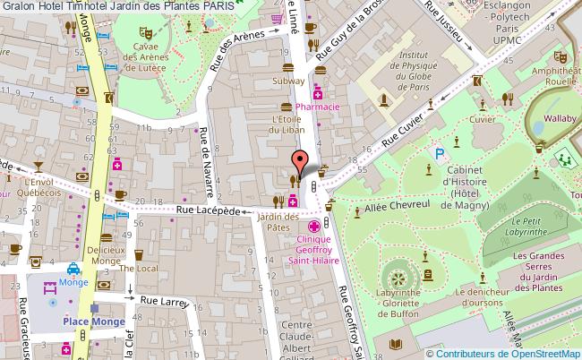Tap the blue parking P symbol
point(439,154)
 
